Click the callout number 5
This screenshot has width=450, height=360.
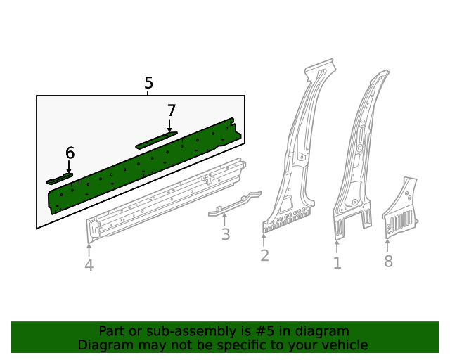148,84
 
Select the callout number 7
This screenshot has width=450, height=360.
171,110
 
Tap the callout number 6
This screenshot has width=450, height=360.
70,153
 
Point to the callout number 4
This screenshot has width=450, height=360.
89,265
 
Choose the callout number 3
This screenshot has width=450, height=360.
225,235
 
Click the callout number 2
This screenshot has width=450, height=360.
264,255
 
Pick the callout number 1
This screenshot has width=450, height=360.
337,263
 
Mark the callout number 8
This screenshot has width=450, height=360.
388,262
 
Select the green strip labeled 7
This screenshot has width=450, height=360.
156,140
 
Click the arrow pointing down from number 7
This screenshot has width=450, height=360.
169,125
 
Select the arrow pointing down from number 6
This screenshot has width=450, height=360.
69,167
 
